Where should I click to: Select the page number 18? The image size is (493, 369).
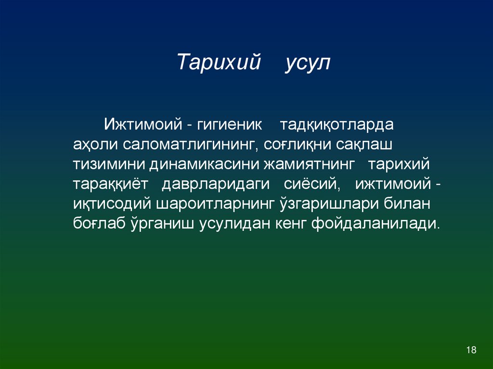point(471,350)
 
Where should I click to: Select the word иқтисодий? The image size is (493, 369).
point(112,205)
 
